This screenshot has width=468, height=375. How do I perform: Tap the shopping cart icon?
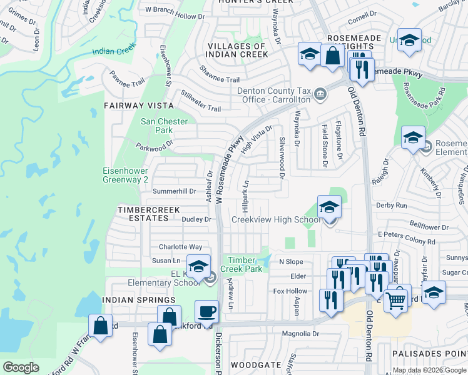(x=395, y=301)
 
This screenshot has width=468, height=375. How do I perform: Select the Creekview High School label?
(x=276, y=219)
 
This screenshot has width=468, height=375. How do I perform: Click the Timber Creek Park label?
(x=243, y=264)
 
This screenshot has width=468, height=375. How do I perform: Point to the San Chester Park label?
(x=156, y=126)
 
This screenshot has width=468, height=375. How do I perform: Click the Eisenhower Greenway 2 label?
(x=126, y=174)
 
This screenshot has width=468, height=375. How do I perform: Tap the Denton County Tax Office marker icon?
(x=321, y=94)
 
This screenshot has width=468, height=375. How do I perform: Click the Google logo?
(x=21, y=367)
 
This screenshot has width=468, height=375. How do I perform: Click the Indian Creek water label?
(x=113, y=52)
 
